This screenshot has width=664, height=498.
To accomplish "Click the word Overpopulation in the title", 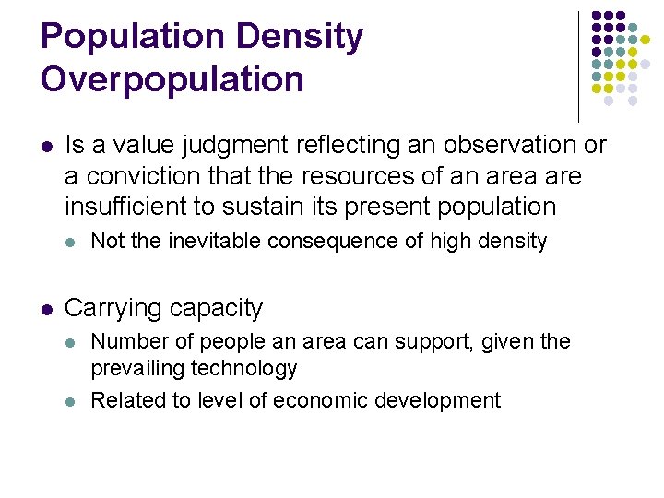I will [172, 79].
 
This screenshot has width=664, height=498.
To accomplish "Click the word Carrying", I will [107, 308].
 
